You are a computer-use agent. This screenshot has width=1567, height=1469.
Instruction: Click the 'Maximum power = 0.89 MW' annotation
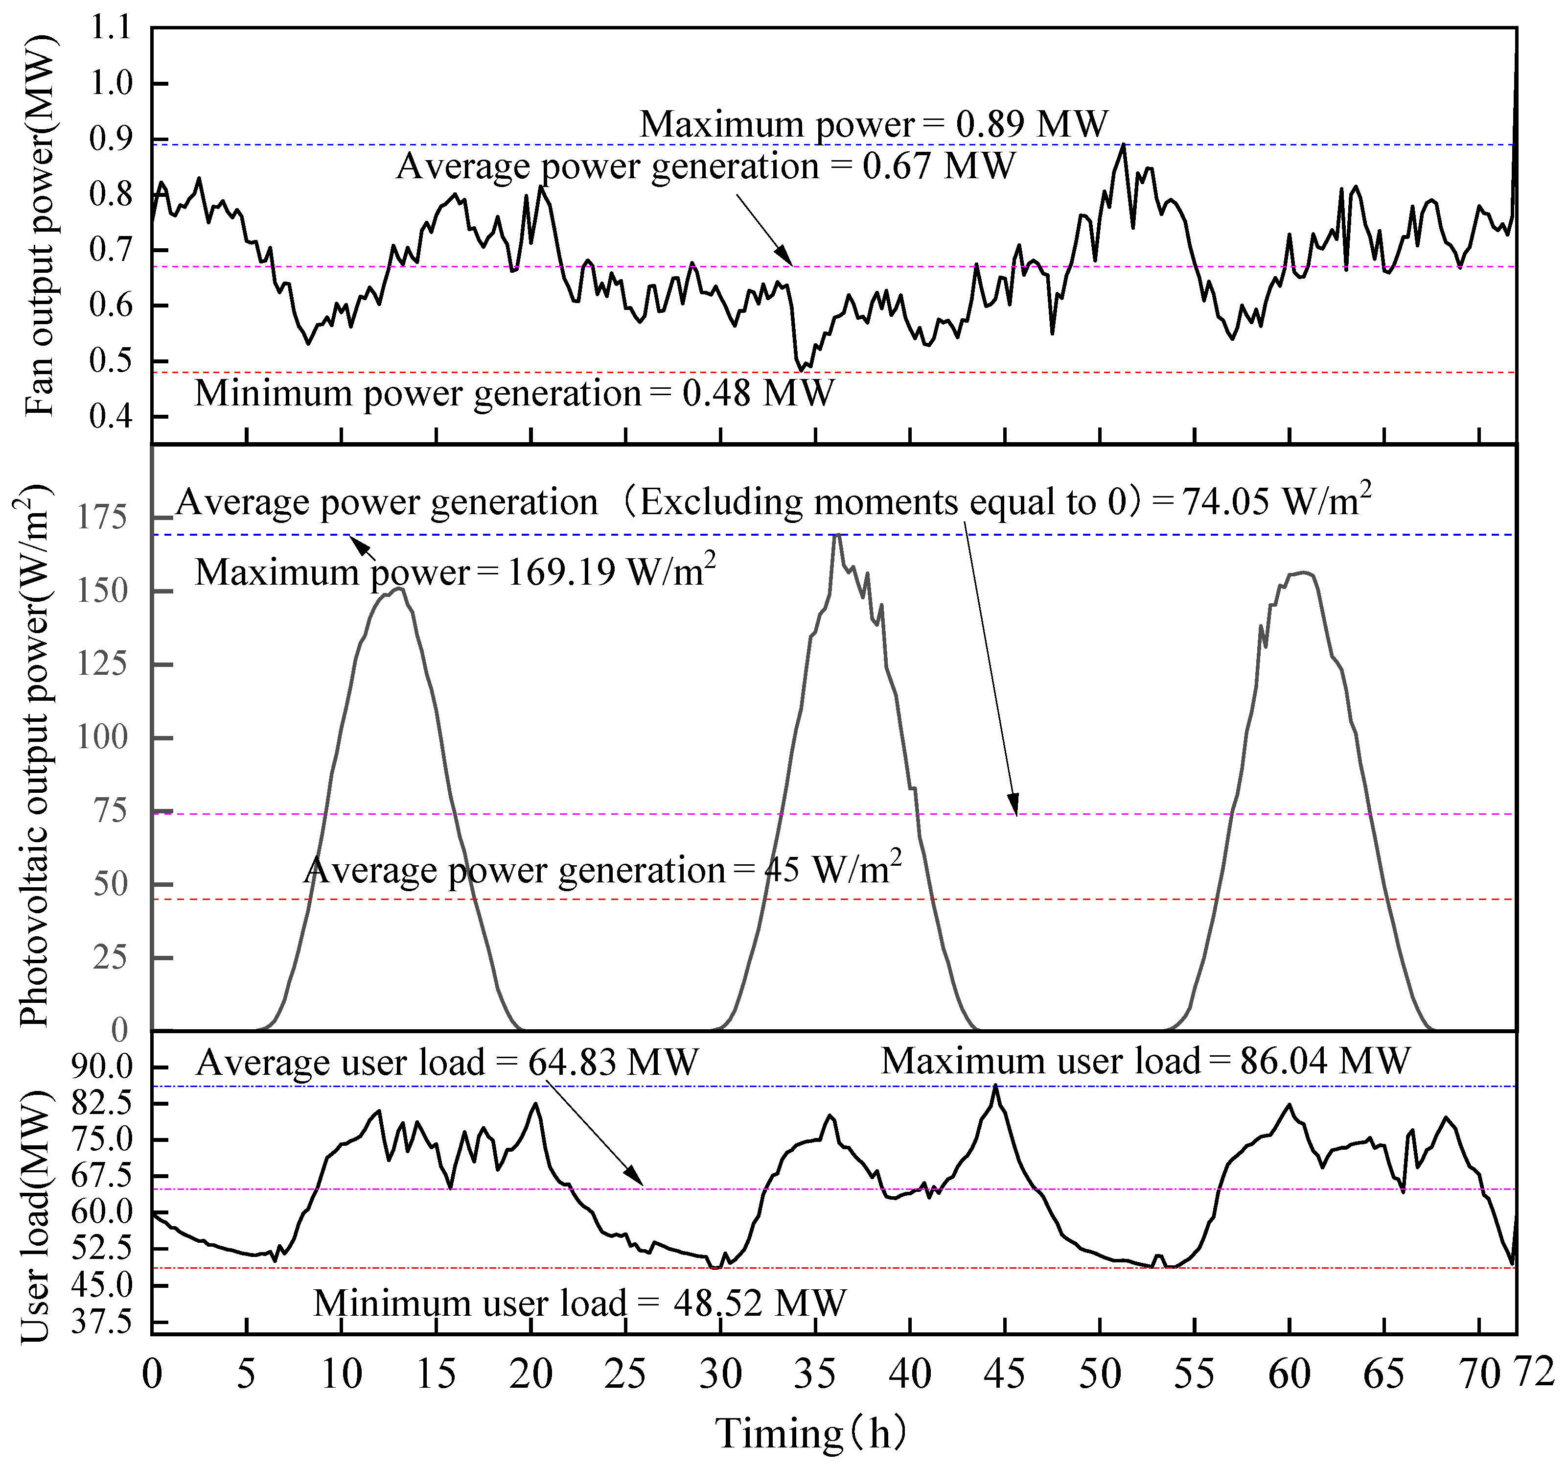click(874, 124)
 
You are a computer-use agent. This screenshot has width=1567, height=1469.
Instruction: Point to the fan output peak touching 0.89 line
click(1123, 145)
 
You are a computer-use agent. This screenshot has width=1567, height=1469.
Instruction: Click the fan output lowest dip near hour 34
click(801, 369)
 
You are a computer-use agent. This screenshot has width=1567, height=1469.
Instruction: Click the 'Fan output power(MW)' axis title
click(40, 225)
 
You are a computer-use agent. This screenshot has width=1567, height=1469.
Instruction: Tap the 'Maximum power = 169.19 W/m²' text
click(455, 571)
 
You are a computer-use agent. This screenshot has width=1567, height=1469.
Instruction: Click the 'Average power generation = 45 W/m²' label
click(602, 870)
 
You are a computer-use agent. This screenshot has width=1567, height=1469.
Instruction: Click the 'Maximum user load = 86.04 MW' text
click(1145, 1061)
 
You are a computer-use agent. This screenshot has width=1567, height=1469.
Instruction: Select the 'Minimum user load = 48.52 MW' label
click(579, 1303)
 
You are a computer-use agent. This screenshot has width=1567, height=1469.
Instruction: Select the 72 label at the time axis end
click(1534, 1372)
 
